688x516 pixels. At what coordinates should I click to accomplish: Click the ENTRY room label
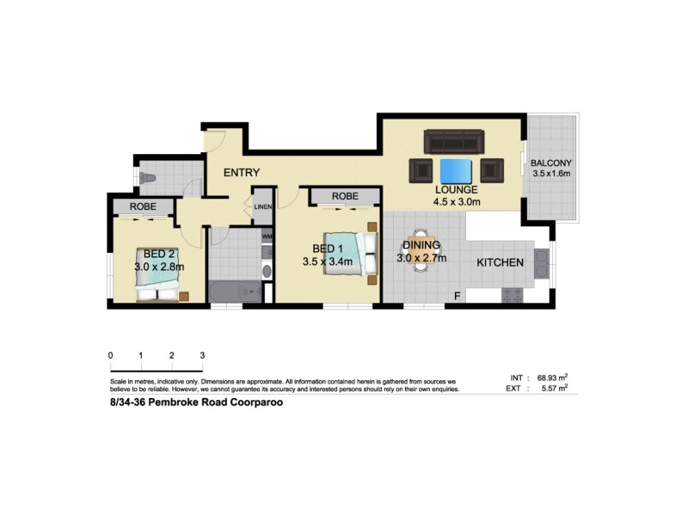pyautogui.click(x=241, y=173)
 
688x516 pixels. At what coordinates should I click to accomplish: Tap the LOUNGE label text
pyautogui.click(x=456, y=190)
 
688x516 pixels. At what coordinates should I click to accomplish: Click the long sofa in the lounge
pyautogui.click(x=454, y=141)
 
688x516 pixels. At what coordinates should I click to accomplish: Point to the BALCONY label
pyautogui.click(x=551, y=163)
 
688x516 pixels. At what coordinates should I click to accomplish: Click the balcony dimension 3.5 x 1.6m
pyautogui.click(x=551, y=175)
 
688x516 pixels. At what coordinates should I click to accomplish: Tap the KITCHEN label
pyautogui.click(x=501, y=261)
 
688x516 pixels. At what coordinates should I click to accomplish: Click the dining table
pyautogui.click(x=419, y=250)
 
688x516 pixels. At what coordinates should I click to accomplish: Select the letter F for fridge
pyautogui.click(x=458, y=298)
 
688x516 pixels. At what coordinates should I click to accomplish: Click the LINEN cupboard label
pyautogui.click(x=262, y=207)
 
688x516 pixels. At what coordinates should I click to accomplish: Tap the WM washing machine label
pyautogui.click(x=266, y=236)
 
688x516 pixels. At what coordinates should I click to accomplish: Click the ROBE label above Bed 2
pyautogui.click(x=143, y=207)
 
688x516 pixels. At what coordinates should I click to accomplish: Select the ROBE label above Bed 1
pyautogui.click(x=345, y=197)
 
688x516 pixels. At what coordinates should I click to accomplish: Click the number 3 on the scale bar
pyautogui.click(x=202, y=355)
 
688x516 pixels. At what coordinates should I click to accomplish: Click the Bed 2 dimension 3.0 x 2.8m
pyautogui.click(x=159, y=267)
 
